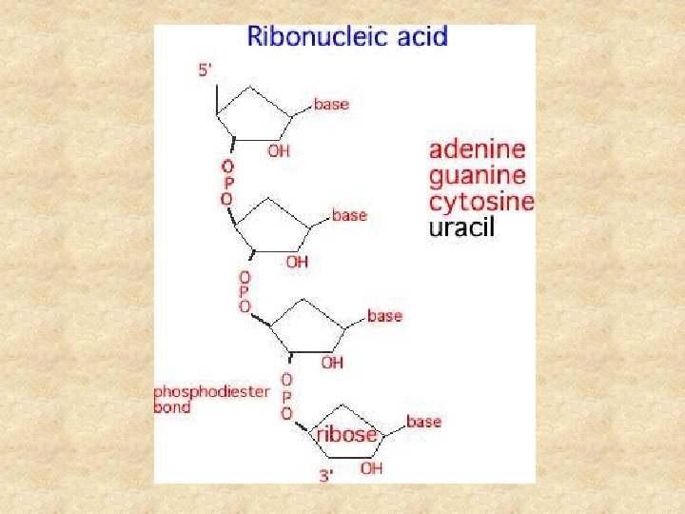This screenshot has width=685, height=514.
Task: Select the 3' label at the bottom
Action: [325, 475]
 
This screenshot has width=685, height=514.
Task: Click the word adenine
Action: [477, 150]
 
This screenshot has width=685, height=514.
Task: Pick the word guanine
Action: [478, 176]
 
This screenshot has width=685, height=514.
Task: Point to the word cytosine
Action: [481, 202]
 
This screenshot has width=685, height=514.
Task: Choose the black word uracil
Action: [462, 227]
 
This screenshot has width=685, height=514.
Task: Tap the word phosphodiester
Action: [212, 391]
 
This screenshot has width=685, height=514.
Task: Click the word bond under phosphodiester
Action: [172, 407]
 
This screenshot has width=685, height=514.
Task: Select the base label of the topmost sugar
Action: [331, 104]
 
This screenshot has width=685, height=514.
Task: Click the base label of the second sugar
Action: [349, 215]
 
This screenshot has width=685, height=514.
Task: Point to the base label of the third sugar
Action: [384, 315]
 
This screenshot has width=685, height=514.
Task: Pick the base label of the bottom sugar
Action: [423, 420]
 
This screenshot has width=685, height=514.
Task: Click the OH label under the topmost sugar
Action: [279, 150]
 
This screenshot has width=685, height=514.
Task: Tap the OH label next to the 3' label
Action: [371, 468]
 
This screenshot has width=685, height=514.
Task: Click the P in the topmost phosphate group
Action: [227, 182]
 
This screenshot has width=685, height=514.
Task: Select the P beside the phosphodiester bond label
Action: [286, 397]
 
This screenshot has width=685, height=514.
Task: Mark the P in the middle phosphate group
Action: [245, 290]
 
